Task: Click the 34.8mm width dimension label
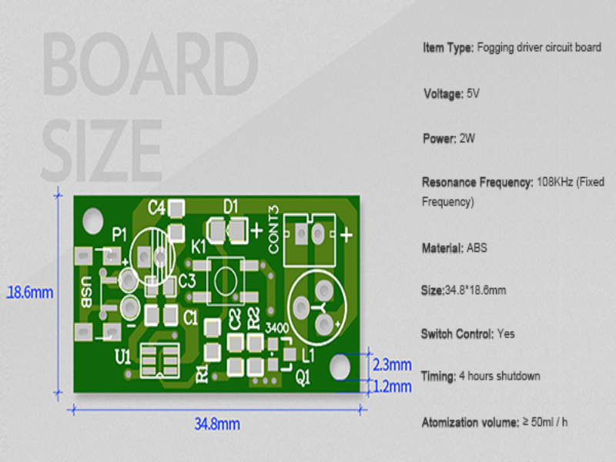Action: (217, 424)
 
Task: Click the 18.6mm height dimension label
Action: (30, 293)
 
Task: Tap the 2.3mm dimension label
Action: (392, 364)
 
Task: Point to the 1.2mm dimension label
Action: (392, 387)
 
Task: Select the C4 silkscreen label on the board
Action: (157, 207)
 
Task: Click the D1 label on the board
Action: (230, 206)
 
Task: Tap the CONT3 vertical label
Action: (273, 229)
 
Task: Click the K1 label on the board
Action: (199, 247)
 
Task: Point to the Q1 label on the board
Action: (303, 377)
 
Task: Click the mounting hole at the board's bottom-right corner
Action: (340, 367)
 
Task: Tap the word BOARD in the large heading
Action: (149, 65)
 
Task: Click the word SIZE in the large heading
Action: (102, 147)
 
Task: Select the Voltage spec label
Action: (441, 94)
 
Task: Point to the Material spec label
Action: (443, 248)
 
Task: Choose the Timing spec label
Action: (438, 377)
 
